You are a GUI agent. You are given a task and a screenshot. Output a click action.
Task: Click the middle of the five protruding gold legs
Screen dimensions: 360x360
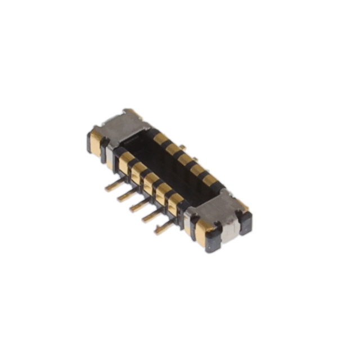point(139,205)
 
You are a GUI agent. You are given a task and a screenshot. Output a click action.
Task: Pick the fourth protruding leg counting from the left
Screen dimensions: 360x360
point(152,216)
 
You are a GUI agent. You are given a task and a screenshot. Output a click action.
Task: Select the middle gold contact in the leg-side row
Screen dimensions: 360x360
point(151,180)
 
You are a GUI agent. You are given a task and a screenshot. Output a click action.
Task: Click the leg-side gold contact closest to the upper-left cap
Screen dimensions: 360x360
point(125,161)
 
